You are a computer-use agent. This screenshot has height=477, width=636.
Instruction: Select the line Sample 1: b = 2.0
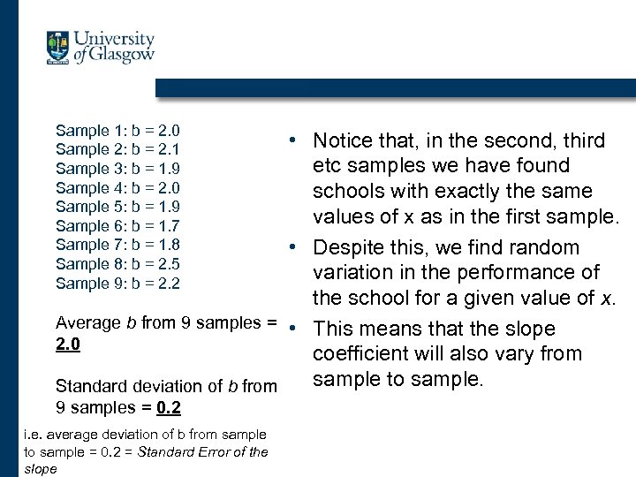117,130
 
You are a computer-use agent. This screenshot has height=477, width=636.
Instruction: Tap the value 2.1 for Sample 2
169,149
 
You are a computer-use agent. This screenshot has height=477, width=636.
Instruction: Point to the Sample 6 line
117,225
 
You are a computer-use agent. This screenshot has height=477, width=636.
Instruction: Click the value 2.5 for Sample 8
169,264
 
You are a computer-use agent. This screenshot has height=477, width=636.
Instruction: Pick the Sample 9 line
117,284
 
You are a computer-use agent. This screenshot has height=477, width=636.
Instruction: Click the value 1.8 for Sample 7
169,245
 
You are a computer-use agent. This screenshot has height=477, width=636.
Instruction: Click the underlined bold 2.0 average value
68,344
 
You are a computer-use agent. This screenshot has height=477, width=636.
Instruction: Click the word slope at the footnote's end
40,469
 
